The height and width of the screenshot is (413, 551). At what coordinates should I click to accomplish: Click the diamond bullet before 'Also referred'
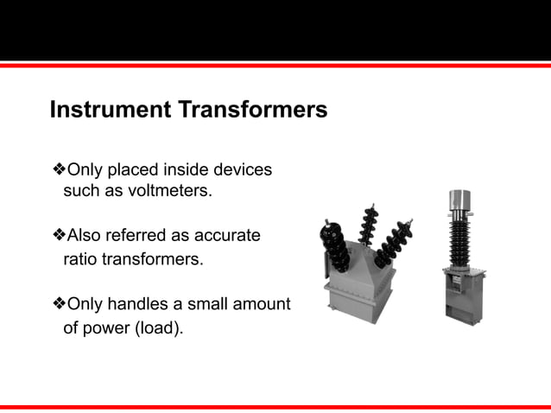click(60, 235)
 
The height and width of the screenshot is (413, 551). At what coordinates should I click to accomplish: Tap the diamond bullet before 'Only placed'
click(60, 170)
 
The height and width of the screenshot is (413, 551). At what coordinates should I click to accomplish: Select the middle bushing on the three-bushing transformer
click(372, 229)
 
